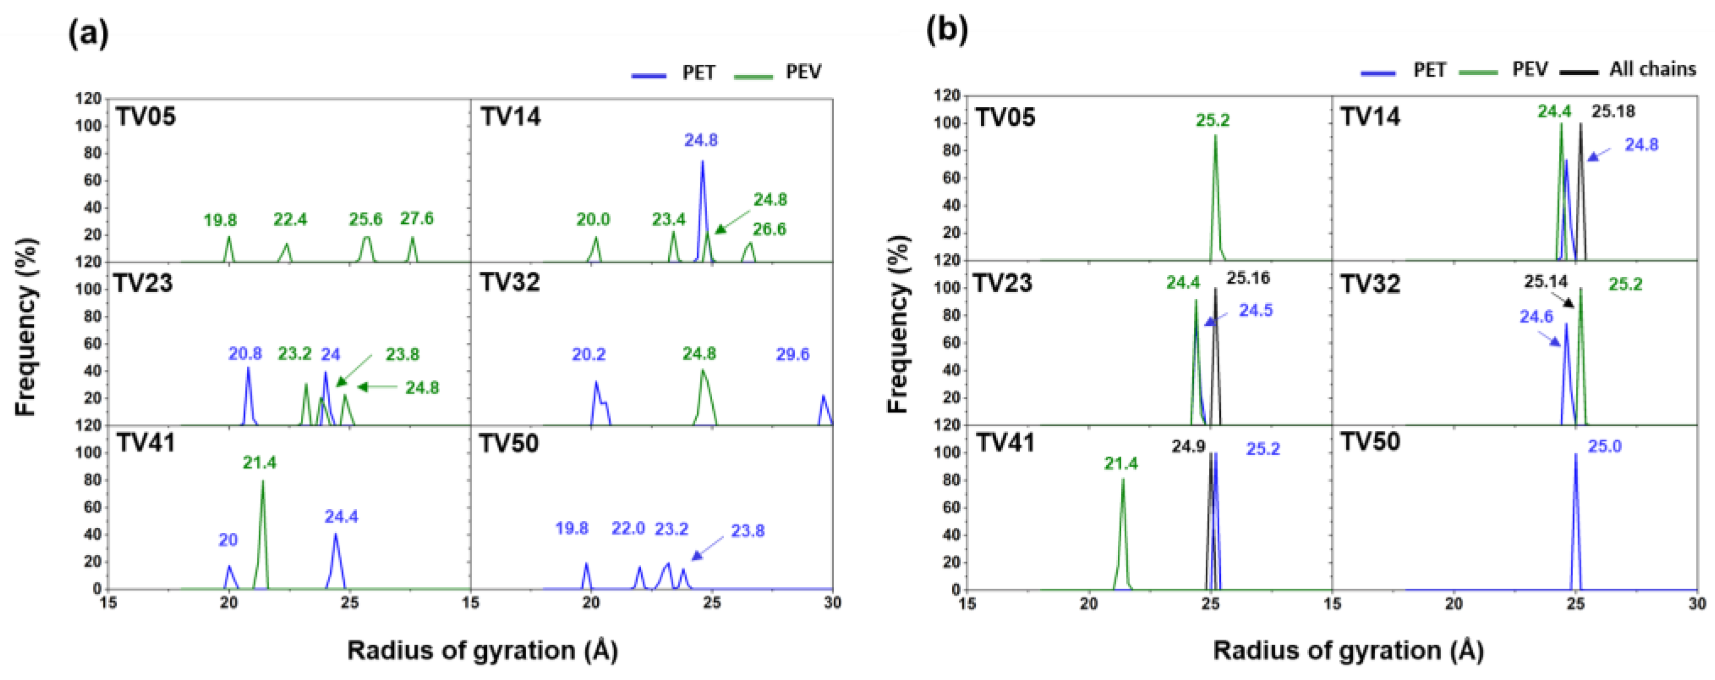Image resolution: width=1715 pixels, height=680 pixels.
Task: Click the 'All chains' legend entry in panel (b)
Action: (x=1652, y=69)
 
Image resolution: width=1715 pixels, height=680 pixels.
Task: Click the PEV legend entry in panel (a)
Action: (x=803, y=72)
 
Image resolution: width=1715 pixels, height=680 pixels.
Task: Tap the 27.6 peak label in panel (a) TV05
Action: (x=417, y=218)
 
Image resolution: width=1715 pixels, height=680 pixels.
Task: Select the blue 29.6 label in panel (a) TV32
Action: (x=792, y=354)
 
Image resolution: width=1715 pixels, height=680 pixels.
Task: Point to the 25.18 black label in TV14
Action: (x=1613, y=111)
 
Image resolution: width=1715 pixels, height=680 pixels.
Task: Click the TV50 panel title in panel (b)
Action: (x=1370, y=441)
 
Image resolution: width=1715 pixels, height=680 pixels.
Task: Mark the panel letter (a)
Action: (x=88, y=33)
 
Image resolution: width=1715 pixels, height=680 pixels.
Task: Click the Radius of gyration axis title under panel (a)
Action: (x=482, y=650)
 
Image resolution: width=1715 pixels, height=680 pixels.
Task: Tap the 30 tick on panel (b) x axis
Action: (x=1696, y=604)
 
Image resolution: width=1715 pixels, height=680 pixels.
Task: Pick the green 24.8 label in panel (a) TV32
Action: (x=699, y=354)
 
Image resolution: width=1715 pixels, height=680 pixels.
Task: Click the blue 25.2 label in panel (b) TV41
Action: (x=1263, y=449)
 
